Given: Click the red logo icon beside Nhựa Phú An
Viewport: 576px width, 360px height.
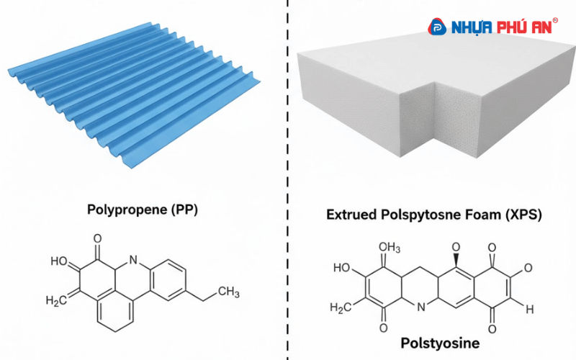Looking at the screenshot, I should (x=437, y=27).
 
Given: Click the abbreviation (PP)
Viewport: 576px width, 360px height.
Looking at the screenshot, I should (x=184, y=210).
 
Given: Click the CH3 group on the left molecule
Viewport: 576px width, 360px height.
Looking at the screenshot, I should (x=228, y=292).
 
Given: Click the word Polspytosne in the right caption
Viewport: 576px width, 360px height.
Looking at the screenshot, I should (x=419, y=215).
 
